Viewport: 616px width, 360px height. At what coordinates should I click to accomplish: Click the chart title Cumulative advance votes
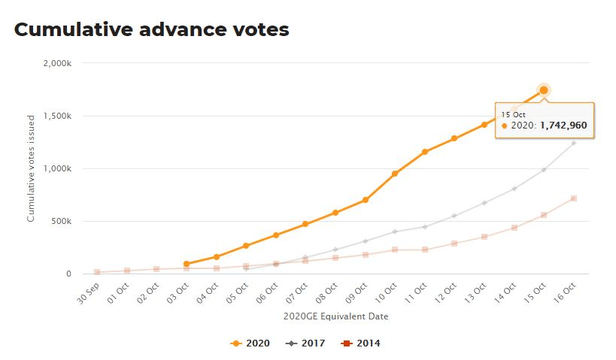click(151, 29)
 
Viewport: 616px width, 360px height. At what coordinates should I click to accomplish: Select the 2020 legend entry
click(250, 343)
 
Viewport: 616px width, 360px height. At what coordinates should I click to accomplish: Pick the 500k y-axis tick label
click(61, 221)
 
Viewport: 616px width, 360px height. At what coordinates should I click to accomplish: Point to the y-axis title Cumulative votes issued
click(31, 168)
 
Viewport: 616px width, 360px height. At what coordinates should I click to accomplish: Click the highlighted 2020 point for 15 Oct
click(544, 90)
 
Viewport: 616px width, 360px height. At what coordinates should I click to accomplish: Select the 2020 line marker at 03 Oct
click(187, 264)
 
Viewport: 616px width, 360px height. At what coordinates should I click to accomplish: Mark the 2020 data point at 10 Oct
click(395, 174)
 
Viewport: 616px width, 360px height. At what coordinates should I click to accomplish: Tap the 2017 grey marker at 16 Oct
click(574, 143)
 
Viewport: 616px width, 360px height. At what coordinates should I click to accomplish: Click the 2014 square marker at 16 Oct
click(574, 198)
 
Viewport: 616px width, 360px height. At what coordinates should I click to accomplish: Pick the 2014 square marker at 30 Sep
click(97, 272)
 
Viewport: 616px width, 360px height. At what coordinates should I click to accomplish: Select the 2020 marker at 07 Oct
click(306, 224)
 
